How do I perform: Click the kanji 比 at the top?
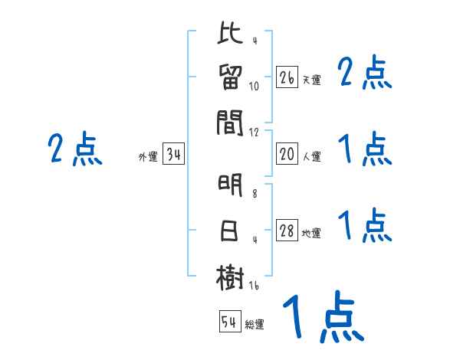click(x=230, y=35)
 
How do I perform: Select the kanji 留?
click(x=230, y=78)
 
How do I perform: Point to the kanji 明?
click(x=230, y=186)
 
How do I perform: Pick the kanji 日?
click(x=230, y=231)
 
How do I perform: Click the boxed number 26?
click(x=287, y=77)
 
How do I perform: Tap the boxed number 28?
click(x=287, y=231)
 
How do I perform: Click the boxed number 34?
click(x=173, y=155)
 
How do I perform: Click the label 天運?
click(x=311, y=80)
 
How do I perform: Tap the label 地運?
click(x=311, y=234)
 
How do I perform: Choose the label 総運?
click(x=255, y=325)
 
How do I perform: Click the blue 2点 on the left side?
click(x=75, y=149)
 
